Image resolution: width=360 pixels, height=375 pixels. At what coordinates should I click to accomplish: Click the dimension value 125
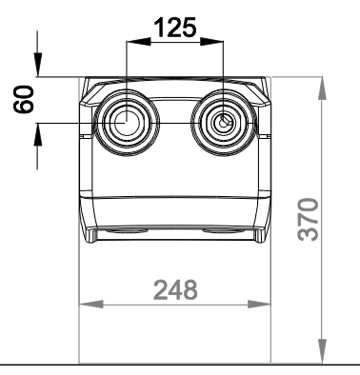pyautogui.click(x=175, y=28)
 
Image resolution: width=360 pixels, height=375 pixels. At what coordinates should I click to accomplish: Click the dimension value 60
pyautogui.click(x=24, y=99)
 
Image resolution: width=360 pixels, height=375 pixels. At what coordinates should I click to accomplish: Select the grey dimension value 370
pyautogui.click(x=308, y=219)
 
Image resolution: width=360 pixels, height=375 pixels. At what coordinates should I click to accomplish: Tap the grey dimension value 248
pyautogui.click(x=175, y=289)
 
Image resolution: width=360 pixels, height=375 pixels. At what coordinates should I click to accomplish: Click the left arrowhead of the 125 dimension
pyautogui.click(x=138, y=41)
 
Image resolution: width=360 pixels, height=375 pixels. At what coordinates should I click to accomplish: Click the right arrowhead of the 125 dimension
pyautogui.click(x=211, y=41)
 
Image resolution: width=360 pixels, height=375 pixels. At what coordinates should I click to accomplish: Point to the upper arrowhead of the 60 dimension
pyautogui.click(x=38, y=65)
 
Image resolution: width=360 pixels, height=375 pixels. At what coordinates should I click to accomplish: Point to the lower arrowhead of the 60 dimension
pyautogui.click(x=38, y=134)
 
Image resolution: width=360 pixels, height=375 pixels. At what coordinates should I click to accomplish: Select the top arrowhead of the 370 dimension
pyautogui.click(x=322, y=89)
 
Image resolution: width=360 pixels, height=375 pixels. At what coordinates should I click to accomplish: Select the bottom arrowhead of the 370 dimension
pyautogui.click(x=322, y=351)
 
